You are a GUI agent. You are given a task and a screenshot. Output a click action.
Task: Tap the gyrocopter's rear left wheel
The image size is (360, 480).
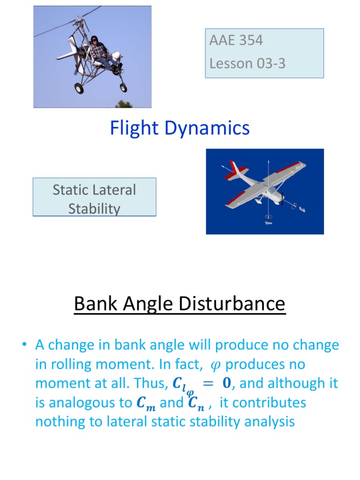79,88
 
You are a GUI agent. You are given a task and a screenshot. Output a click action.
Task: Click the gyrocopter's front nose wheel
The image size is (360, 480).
123,87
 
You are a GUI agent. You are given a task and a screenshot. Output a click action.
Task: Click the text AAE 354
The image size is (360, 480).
236,40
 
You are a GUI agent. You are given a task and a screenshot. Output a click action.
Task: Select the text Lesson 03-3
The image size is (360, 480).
247,63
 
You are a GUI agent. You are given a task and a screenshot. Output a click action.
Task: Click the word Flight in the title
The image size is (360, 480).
133,128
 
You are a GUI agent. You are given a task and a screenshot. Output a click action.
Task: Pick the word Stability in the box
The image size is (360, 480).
94,209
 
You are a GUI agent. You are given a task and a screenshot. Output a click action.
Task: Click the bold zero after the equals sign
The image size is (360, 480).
226,383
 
